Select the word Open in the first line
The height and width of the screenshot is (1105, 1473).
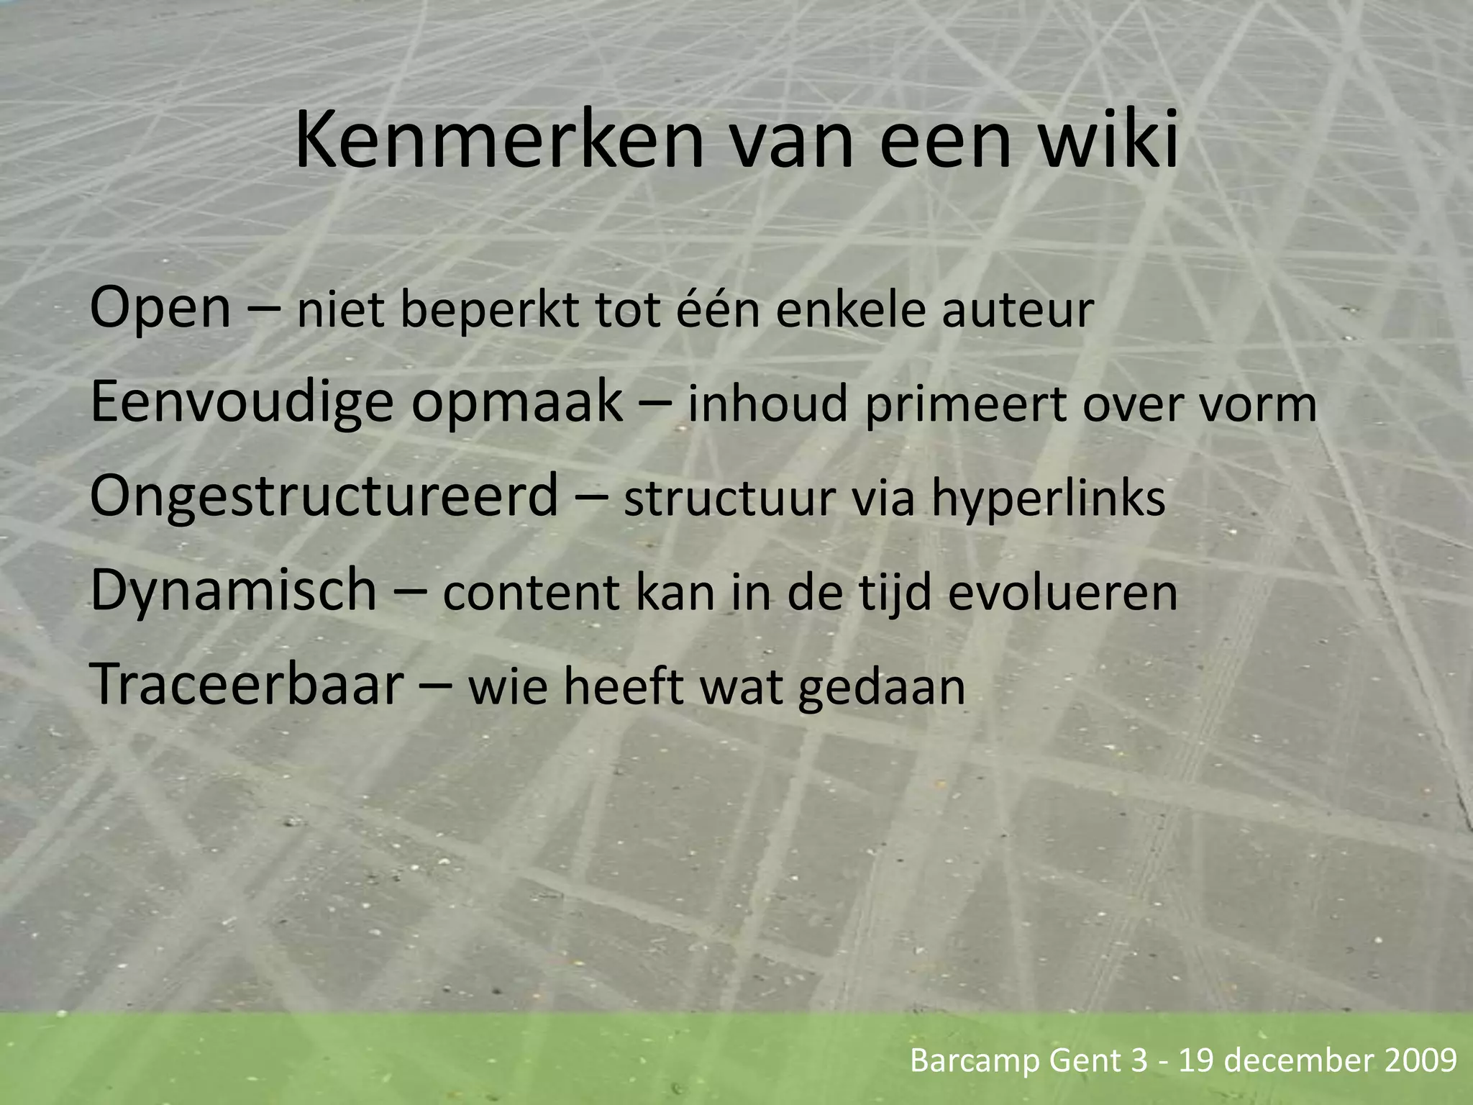click(x=160, y=309)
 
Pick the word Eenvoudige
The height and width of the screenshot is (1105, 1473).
click(x=242, y=404)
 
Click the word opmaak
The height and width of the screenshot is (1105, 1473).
click(x=516, y=404)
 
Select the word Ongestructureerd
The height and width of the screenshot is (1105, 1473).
click(x=324, y=497)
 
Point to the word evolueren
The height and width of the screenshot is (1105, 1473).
click(x=1062, y=594)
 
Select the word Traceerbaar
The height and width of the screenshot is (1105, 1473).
click(x=247, y=684)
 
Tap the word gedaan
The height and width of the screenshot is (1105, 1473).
click(x=881, y=688)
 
